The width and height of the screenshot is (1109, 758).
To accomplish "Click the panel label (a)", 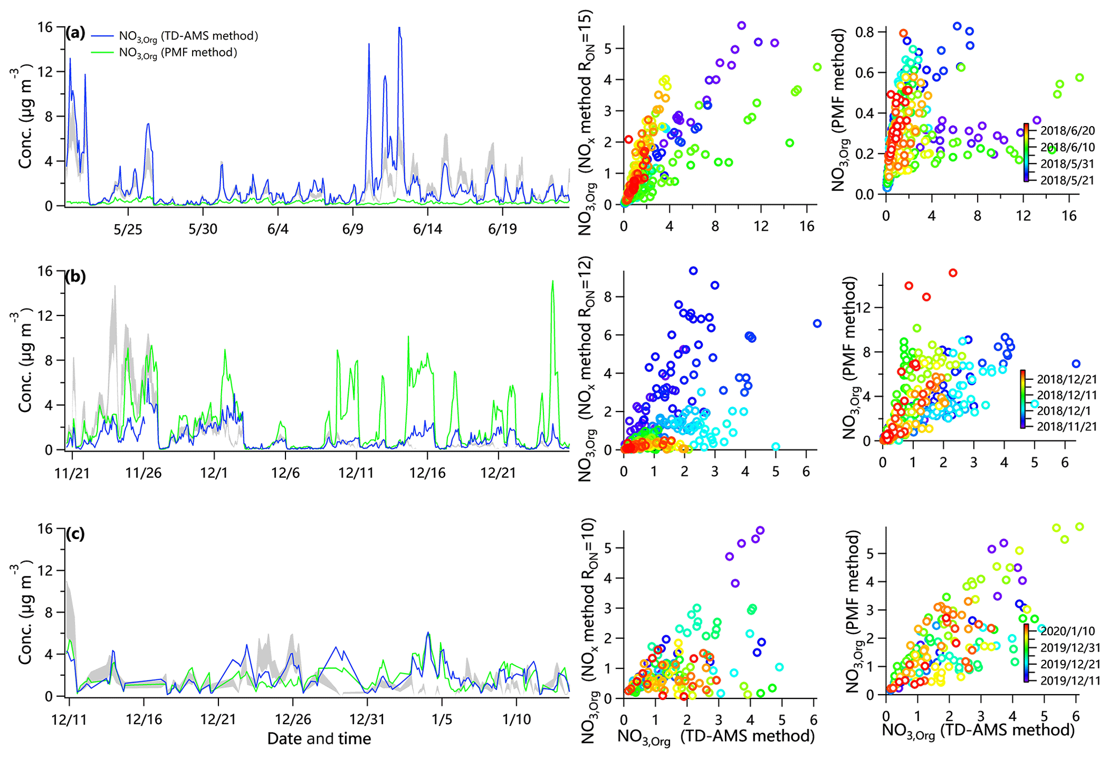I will (75, 33).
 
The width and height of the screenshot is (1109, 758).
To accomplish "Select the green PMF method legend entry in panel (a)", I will (177, 53).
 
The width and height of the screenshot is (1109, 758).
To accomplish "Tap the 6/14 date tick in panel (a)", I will (427, 230).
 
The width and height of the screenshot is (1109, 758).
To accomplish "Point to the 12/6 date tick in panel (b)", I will (285, 473).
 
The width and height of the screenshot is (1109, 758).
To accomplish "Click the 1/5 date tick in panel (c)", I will (442, 719).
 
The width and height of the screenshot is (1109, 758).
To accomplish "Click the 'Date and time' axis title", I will (319, 739).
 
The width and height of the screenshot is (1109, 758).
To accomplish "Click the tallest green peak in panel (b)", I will (553, 281).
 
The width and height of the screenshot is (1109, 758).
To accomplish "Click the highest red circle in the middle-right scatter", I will (953, 273).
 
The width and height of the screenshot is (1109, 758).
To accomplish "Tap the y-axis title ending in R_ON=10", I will (585, 630).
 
